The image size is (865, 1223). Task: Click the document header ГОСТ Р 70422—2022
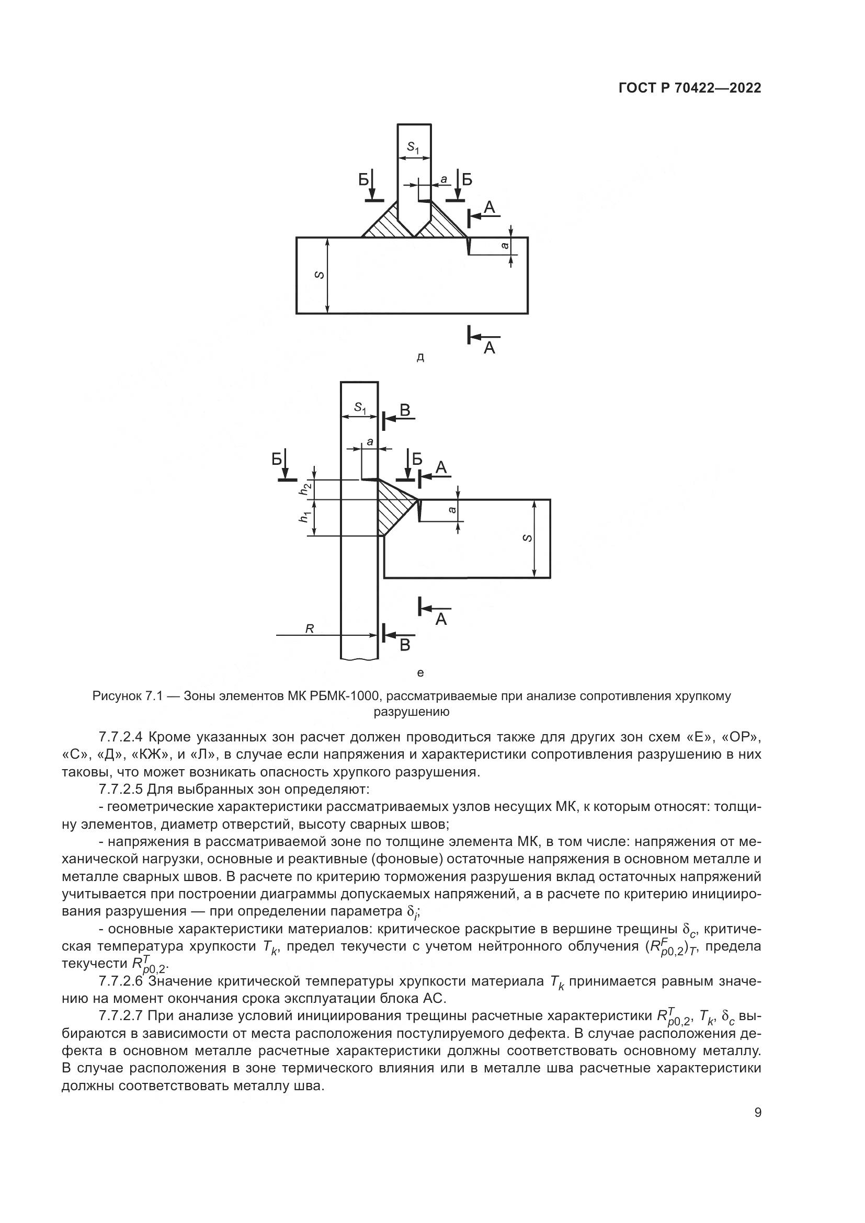coord(690,88)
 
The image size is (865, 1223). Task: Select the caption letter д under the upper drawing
coord(420,358)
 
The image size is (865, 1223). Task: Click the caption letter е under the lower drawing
coord(420,673)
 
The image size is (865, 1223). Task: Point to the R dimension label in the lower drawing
coord(310,629)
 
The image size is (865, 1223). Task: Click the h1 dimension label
coord(305,517)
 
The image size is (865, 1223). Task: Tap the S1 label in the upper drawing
coord(413,147)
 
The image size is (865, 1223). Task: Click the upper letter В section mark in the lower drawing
coord(405,410)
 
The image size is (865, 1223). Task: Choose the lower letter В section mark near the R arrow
coord(405,645)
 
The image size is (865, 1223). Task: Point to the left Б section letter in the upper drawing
coord(364,180)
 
